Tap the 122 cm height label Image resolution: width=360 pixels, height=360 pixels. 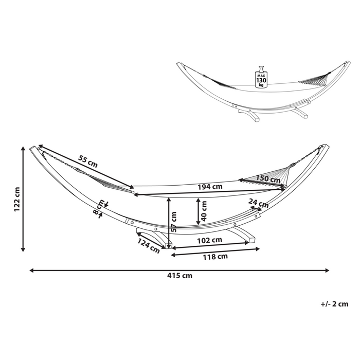pyautogui.click(x=16, y=199)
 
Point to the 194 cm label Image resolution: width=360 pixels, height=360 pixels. pyautogui.click(x=210, y=187)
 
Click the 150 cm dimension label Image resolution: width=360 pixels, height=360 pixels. pyautogui.click(x=268, y=179)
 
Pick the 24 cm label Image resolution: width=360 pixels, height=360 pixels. pyautogui.click(x=258, y=203)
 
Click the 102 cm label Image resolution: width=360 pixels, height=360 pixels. pyautogui.click(x=209, y=240)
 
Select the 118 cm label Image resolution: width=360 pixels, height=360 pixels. pyautogui.click(x=215, y=257)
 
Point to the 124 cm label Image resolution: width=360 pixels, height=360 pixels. pyautogui.click(x=148, y=245)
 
